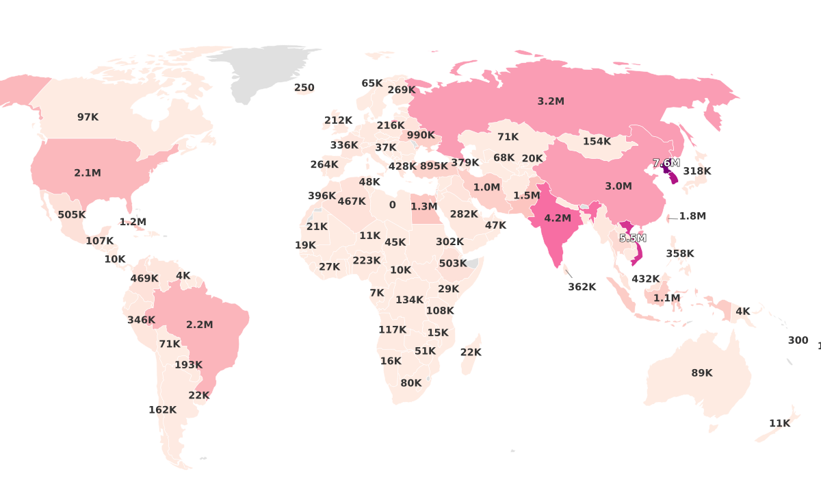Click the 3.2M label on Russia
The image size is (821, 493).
tap(550, 101)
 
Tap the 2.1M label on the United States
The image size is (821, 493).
tap(88, 173)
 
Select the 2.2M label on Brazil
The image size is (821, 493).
tap(199, 325)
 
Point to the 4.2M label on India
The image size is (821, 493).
tap(557, 218)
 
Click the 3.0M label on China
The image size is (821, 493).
tap(618, 186)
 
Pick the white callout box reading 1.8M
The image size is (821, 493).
tap(692, 216)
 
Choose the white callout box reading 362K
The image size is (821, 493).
tap(582, 287)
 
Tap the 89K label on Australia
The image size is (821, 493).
tap(701, 373)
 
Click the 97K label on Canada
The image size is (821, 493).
tap(88, 117)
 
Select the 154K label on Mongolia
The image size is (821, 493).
tap(597, 142)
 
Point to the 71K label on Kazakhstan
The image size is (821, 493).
tap(508, 137)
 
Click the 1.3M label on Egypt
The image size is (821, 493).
tap(423, 206)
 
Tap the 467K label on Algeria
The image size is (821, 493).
tap(352, 201)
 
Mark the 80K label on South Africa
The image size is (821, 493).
tap(410, 383)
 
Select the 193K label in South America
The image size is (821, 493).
tap(188, 365)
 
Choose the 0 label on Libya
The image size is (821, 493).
tap(392, 205)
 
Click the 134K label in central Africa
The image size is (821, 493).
tap(409, 300)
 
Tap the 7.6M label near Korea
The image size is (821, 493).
tap(666, 163)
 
